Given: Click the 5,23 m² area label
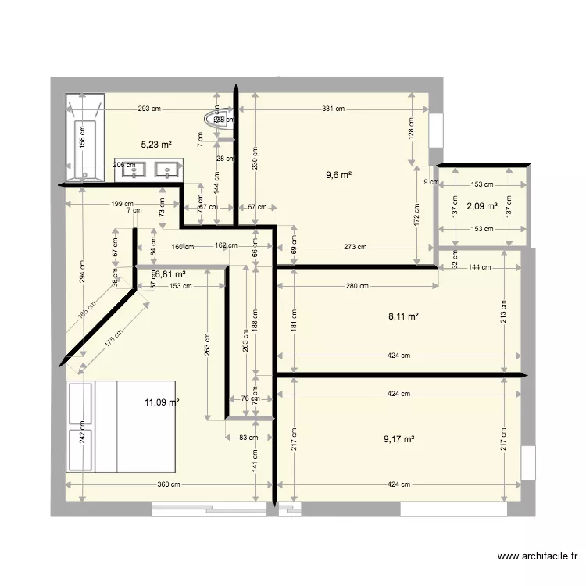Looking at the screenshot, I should (156, 145).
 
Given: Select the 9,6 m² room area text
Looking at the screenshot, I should (338, 175).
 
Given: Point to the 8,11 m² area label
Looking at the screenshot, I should (403, 316).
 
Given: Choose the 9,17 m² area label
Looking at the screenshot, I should (398, 439).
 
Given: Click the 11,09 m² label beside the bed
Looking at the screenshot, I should (162, 402).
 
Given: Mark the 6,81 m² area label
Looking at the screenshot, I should (170, 274).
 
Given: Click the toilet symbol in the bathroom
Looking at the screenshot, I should (214, 118).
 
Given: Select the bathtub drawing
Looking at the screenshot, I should (84, 138).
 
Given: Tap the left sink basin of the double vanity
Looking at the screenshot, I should (139, 168).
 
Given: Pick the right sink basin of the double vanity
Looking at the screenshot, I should (166, 168).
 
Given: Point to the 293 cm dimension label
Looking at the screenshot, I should (149, 109).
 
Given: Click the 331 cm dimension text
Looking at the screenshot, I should (333, 109).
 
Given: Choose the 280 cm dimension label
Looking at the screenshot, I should (357, 286).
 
